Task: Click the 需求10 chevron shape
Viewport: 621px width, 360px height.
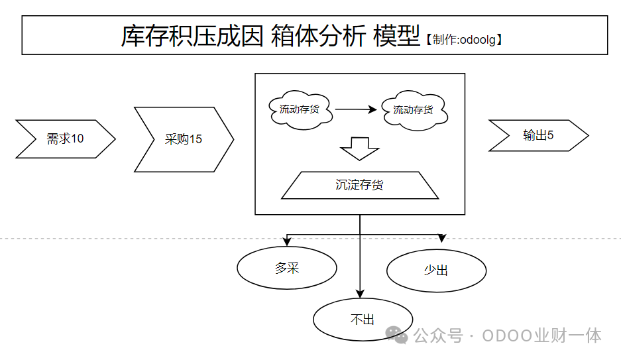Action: coord(65,139)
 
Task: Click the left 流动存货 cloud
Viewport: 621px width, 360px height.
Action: coord(300,109)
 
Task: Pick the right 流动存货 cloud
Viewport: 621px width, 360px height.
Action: coord(414,109)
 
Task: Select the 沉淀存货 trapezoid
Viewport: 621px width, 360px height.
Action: coord(360,185)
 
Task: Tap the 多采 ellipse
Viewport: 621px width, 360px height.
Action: coord(287,269)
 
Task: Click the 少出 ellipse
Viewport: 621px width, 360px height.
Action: coord(436,270)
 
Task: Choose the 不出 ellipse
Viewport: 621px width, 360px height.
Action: coord(363,319)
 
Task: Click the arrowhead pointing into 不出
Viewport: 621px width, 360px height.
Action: coord(360,294)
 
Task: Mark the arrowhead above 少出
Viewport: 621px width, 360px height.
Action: coord(442,239)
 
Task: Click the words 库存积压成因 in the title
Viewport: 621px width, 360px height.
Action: coord(193,36)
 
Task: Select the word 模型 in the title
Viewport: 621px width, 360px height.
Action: coord(396,36)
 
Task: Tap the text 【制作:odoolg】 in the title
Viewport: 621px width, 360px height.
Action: coord(463,40)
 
